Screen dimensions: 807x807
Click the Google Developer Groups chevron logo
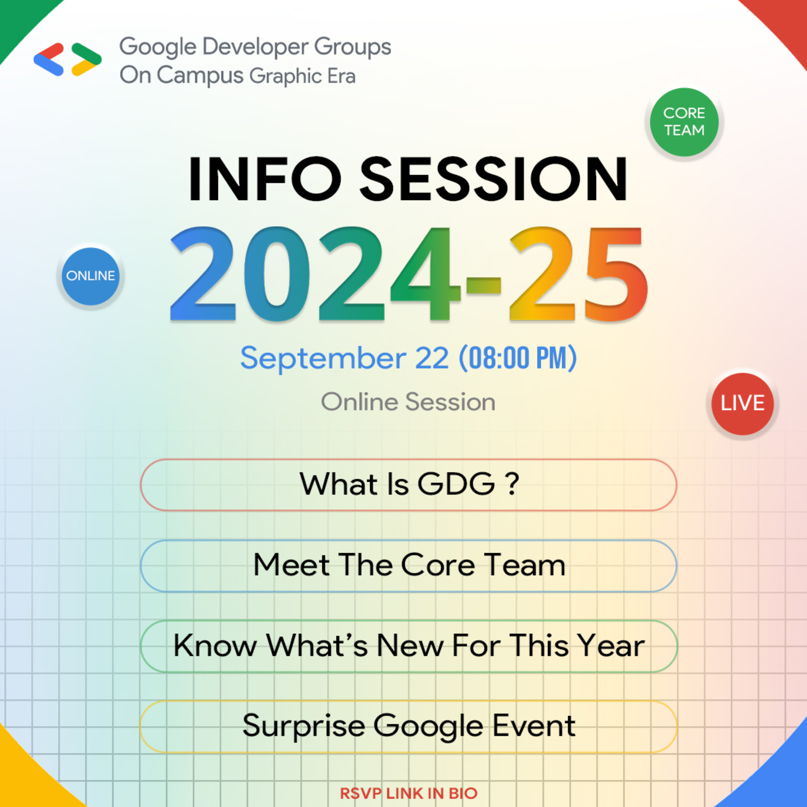(67, 59)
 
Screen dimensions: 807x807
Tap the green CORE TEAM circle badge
(684, 122)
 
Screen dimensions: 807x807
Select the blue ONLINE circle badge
(90, 276)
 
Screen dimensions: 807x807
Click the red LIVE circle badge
(742, 403)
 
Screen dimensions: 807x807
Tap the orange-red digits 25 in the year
(578, 275)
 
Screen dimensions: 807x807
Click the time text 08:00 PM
(518, 358)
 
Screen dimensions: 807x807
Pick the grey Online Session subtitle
(408, 402)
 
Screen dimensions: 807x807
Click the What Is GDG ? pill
(408, 485)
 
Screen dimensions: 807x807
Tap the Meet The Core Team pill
(408, 565)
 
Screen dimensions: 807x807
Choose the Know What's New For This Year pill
(408, 646)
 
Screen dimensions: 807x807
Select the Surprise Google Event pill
(408, 726)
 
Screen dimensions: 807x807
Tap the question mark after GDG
(513, 485)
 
